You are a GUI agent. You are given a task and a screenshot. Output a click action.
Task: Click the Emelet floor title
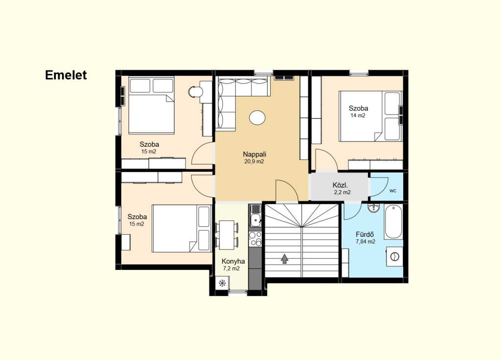(x=66, y=75)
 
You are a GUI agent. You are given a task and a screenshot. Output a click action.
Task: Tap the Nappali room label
(x=254, y=154)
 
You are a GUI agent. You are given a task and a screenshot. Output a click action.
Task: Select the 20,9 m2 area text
(x=254, y=161)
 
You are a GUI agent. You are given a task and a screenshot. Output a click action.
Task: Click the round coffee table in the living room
(x=257, y=117)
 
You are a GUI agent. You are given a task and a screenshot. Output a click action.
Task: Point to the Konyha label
(x=233, y=261)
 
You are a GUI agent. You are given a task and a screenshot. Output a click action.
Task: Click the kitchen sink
(x=255, y=215)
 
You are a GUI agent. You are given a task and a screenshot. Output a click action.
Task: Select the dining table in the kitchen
(x=227, y=235)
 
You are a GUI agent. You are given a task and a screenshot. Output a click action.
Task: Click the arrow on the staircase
(x=284, y=258)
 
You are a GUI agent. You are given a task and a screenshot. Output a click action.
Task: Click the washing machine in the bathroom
(x=395, y=256)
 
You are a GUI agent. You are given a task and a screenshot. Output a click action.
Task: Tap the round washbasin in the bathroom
(x=373, y=208)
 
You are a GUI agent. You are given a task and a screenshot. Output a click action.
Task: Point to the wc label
(x=393, y=191)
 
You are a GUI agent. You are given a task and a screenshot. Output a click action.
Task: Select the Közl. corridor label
(x=340, y=185)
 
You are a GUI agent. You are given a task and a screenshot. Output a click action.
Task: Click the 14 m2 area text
(x=358, y=115)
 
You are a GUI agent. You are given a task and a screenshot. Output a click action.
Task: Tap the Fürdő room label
(x=364, y=234)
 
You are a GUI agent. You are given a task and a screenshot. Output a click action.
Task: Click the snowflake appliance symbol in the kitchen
(x=222, y=283)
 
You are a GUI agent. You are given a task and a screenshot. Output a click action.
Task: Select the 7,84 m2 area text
(x=365, y=242)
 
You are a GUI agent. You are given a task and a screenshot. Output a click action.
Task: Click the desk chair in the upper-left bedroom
(x=195, y=92)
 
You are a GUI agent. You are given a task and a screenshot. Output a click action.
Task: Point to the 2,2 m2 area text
(x=342, y=192)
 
